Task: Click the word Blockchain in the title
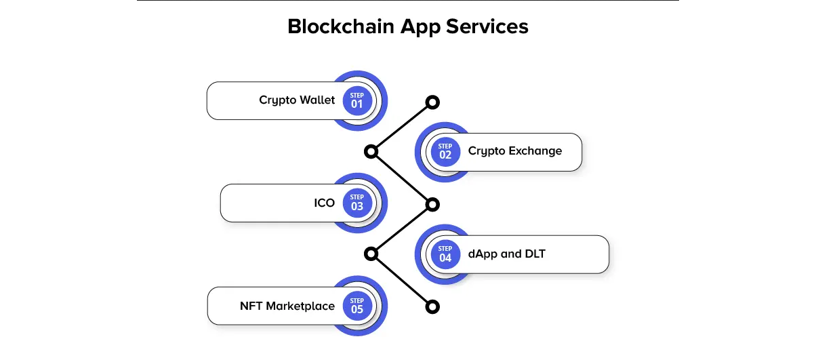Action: tap(341, 26)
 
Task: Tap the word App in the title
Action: tap(420, 28)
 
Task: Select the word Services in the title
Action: tap(487, 26)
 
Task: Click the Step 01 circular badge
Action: tap(357, 101)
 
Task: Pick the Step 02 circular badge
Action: tap(445, 152)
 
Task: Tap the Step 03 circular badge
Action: tap(357, 203)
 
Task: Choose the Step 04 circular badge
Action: tap(445, 254)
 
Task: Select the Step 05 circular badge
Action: tap(357, 306)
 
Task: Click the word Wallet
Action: tap(317, 100)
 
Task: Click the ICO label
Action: tap(324, 203)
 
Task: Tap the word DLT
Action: tap(535, 254)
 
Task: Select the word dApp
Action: tap(483, 254)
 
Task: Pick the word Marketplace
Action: tap(300, 306)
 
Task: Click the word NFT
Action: tap(251, 306)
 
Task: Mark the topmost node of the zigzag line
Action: tap(432, 102)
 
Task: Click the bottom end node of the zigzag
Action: tap(432, 307)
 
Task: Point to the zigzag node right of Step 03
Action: tap(432, 205)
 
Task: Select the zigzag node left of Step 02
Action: tap(371, 152)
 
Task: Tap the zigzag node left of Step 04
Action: tap(371, 254)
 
